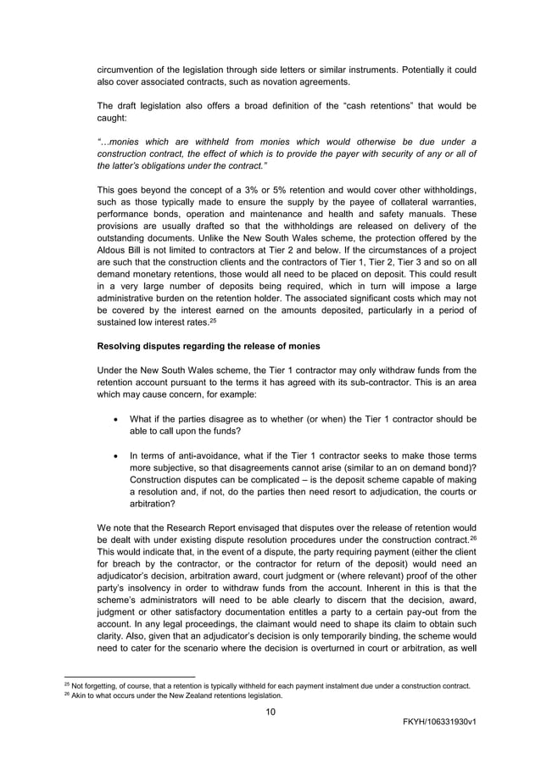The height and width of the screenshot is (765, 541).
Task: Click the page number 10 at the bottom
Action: [270, 711]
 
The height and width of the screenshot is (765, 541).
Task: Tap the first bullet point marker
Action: [114, 419]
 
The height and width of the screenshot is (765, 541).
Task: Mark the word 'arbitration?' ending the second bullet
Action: [154, 502]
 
